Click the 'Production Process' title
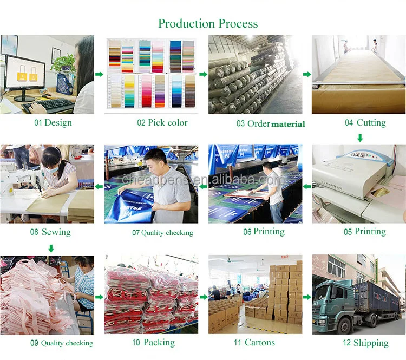pos(208,23)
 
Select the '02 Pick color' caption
pos(162,122)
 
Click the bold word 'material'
pos(288,124)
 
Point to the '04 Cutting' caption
pos(365,122)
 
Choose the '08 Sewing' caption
pos(50,232)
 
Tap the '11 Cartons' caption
pos(254,342)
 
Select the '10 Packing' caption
pos(153,342)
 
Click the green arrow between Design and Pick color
pos(99,74)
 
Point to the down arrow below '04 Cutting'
pos(359,138)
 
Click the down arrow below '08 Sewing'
pos(51,248)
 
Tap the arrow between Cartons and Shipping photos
pos(306,297)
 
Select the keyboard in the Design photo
pos(48,103)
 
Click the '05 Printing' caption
pos(365,232)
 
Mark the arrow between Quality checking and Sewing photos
pos(99,187)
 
